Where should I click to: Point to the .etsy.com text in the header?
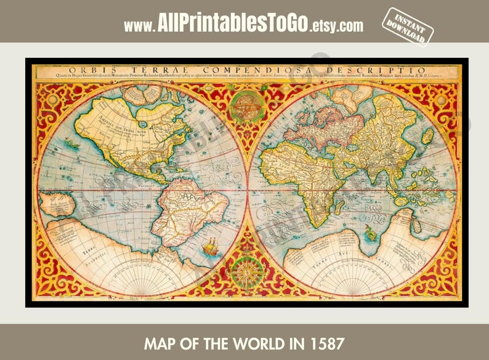[x=336, y=26]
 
